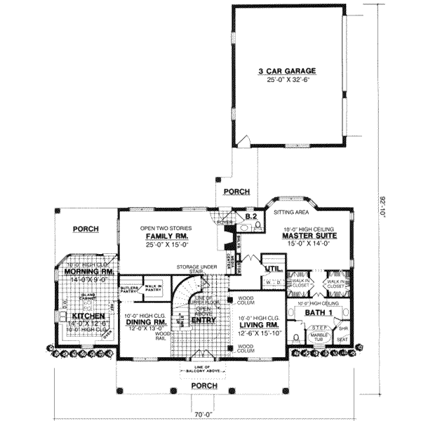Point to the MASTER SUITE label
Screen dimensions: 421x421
click(x=309, y=236)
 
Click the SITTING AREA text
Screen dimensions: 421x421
click(x=292, y=211)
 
